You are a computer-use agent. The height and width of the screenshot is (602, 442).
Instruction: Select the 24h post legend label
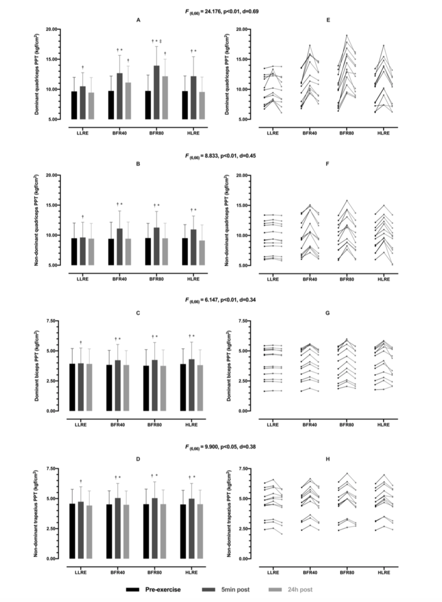coord(301,589)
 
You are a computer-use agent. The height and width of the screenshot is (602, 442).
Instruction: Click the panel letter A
coord(138,20)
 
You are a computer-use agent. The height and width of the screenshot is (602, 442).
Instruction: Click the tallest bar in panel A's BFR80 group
coord(156,92)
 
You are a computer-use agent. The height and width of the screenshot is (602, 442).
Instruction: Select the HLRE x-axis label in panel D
coord(193,572)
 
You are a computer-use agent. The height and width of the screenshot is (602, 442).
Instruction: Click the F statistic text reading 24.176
coord(221,11)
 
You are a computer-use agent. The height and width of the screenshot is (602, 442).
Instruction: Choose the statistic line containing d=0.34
coord(221,300)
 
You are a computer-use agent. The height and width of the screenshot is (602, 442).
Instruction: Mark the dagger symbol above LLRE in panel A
coord(83,67)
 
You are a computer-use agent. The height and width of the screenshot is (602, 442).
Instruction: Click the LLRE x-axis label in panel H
coord(273,572)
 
